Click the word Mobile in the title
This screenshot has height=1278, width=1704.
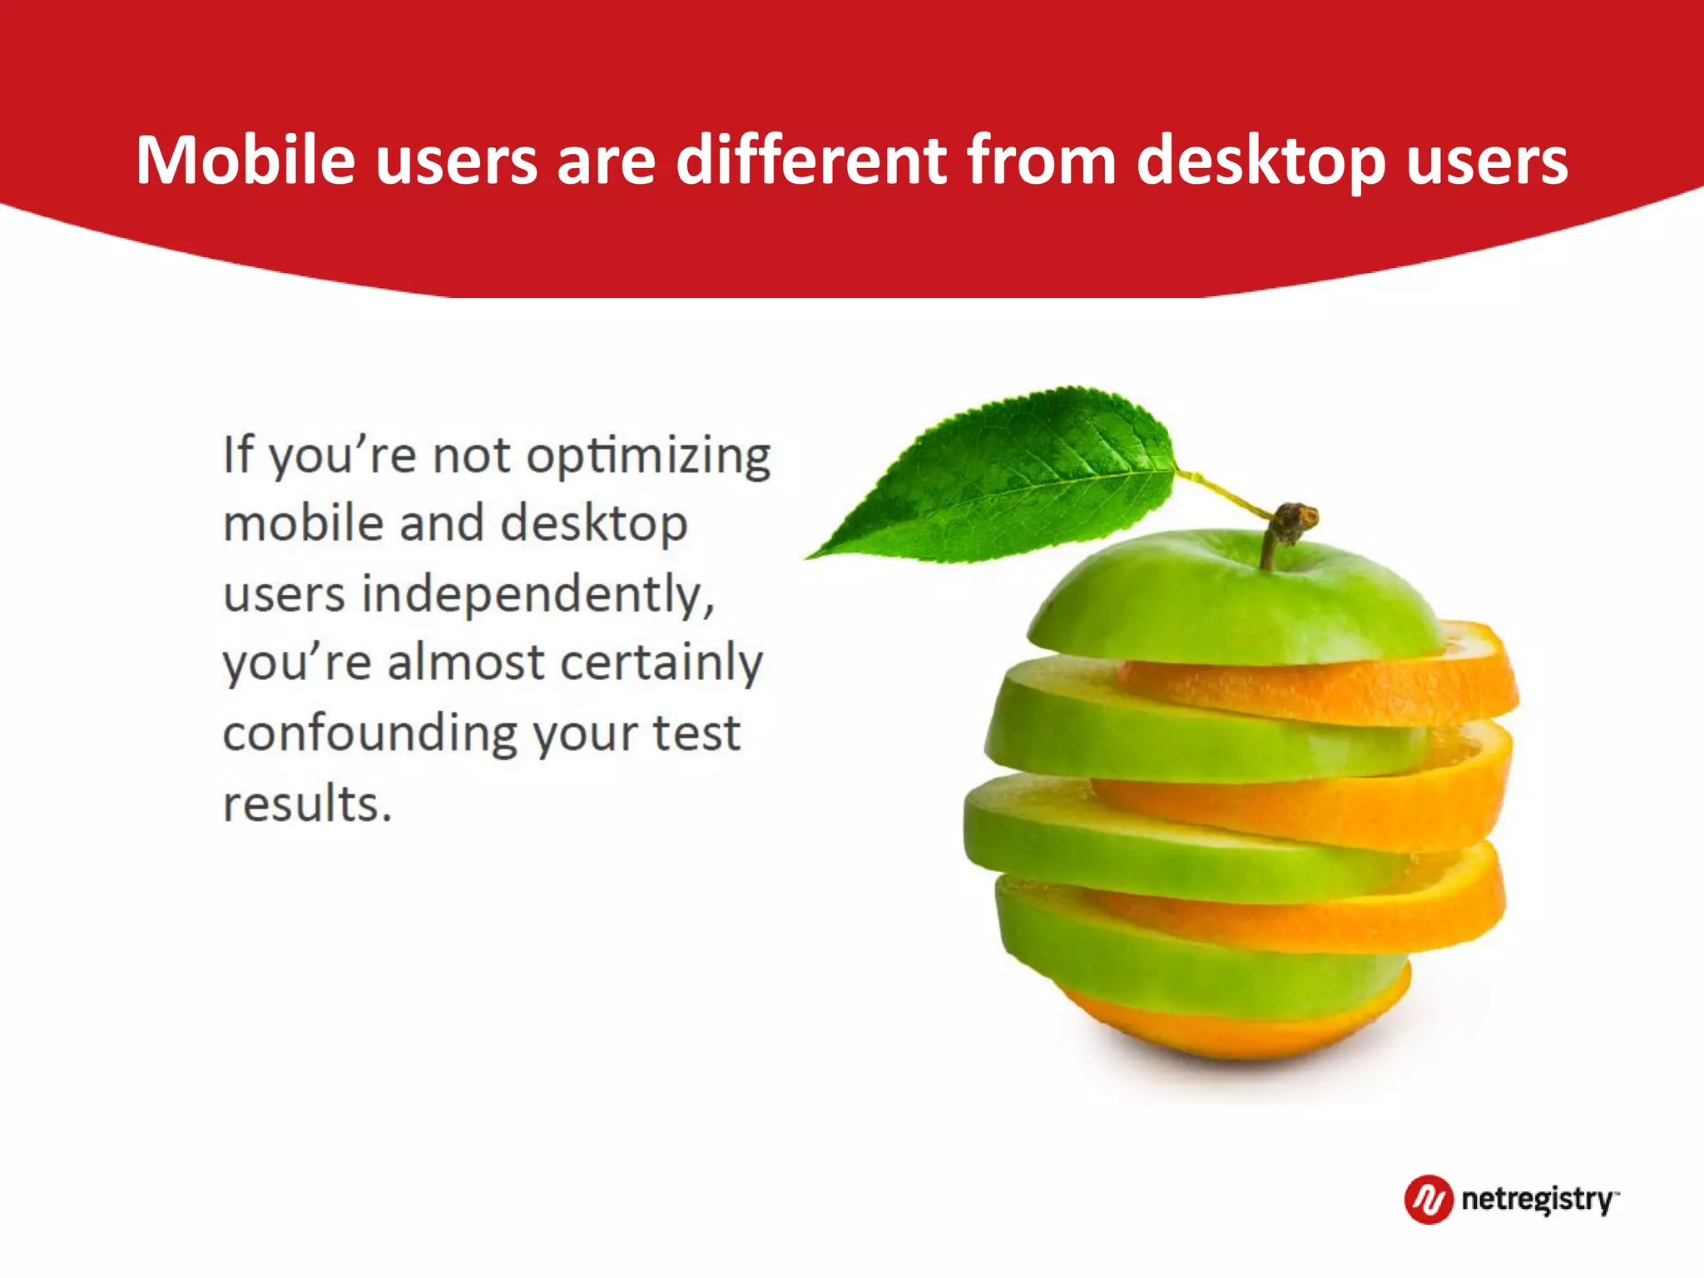click(245, 160)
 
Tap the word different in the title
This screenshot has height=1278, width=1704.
click(810, 160)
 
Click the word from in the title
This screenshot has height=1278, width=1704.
click(1040, 160)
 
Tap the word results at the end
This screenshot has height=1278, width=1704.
click(306, 804)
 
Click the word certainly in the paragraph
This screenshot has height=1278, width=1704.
click(661, 664)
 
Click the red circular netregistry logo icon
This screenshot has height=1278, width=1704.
click(1428, 1199)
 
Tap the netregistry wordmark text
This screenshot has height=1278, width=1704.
click(1538, 1200)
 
